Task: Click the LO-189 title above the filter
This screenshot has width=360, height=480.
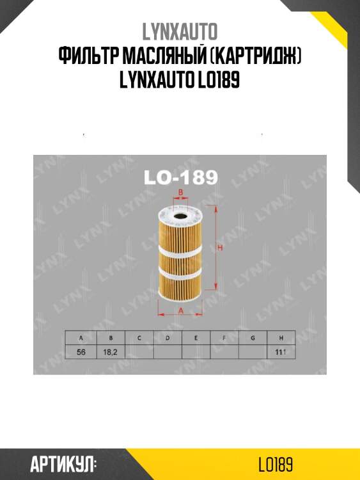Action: [180, 177]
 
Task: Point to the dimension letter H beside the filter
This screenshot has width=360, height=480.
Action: [219, 248]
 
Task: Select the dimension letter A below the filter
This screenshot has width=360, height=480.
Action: [181, 310]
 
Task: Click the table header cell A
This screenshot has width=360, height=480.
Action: [81, 337]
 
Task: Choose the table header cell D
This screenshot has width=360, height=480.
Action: [167, 337]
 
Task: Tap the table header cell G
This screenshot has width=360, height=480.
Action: [253, 337]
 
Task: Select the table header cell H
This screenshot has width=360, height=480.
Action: [281, 337]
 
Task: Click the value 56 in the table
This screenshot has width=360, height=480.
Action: [81, 351]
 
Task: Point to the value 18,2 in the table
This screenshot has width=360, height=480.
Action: [110, 351]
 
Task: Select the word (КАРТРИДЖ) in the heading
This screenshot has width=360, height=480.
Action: [254, 59]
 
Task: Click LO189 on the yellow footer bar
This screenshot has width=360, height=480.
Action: [276, 464]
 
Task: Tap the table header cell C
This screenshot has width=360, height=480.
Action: [139, 337]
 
